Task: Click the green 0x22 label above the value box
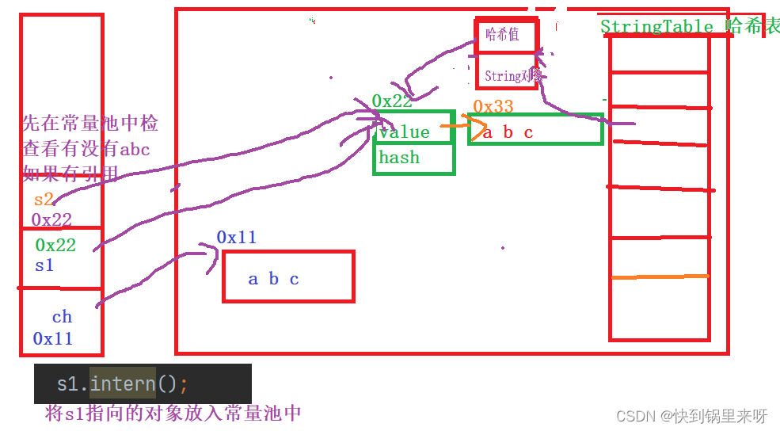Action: pos(392,101)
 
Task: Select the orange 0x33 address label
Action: pos(493,106)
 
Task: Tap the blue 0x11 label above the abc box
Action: pos(236,237)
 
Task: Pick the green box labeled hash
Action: pos(414,158)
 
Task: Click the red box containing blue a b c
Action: pos(288,277)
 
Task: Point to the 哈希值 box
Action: pos(506,36)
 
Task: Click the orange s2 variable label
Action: pos(44,200)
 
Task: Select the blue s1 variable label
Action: pos(44,265)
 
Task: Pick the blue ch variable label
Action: pos(62,317)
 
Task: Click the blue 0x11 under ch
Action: pos(52,338)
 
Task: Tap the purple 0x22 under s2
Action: pos(51,219)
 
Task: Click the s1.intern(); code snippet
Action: pos(123,384)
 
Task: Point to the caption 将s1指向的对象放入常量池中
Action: pos(173,413)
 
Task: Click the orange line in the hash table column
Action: pos(659,277)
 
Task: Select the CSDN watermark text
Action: pos(691,416)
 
